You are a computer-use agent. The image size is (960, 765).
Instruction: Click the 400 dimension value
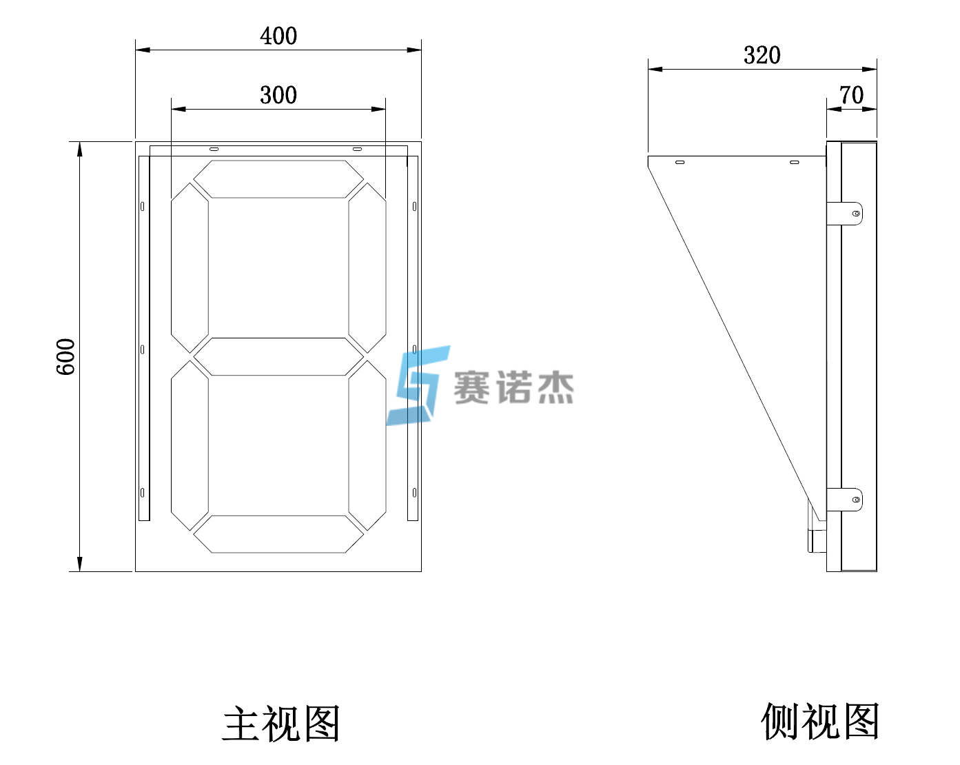(x=278, y=36)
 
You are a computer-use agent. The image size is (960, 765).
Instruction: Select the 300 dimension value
(x=278, y=95)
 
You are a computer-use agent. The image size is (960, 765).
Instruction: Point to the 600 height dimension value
(x=65, y=356)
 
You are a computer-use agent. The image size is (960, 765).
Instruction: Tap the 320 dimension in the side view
(x=762, y=55)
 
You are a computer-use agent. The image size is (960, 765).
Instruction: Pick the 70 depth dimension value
(x=851, y=95)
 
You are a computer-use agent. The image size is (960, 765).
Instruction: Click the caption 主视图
(x=281, y=724)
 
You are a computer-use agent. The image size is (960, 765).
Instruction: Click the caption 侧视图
(x=820, y=722)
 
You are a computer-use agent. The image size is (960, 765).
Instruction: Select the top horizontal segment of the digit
(x=278, y=179)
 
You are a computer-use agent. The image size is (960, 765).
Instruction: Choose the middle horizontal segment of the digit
(x=278, y=356)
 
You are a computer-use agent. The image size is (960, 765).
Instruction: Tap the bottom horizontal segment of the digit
(x=278, y=533)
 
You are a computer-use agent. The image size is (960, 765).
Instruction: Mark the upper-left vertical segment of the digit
(x=190, y=267)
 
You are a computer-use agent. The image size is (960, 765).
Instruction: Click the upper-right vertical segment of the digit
(x=367, y=267)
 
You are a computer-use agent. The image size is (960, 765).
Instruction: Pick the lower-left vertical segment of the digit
(x=190, y=445)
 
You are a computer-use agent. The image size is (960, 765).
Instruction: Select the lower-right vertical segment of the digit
(x=367, y=445)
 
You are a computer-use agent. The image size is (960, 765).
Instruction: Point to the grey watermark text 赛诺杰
(x=513, y=387)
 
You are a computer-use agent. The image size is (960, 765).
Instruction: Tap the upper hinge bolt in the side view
(x=856, y=214)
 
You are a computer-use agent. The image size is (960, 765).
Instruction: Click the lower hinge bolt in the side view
(x=856, y=499)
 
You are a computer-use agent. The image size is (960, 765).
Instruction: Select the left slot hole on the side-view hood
(x=680, y=162)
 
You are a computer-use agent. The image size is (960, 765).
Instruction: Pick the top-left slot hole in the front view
(x=214, y=149)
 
